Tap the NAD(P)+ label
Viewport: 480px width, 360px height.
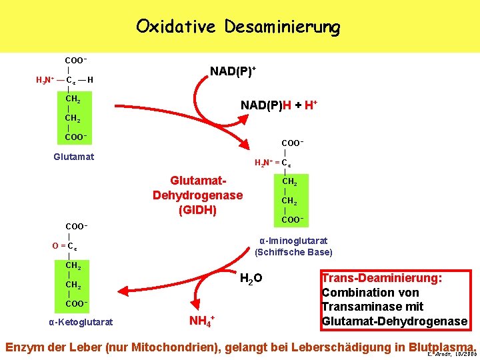pyautogui.click(x=233, y=71)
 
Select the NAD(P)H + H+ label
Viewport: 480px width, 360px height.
pyautogui.click(x=278, y=105)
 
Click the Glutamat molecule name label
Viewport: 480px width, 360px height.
pyautogui.click(x=73, y=157)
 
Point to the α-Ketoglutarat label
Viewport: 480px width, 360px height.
pyautogui.click(x=81, y=323)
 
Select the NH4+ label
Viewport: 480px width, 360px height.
pyautogui.click(x=202, y=323)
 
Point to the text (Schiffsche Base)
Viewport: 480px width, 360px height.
pyautogui.click(x=293, y=252)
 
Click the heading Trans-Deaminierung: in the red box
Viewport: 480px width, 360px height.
pyautogui.click(x=381, y=278)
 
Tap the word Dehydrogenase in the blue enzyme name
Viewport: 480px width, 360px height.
pyautogui.click(x=197, y=196)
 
